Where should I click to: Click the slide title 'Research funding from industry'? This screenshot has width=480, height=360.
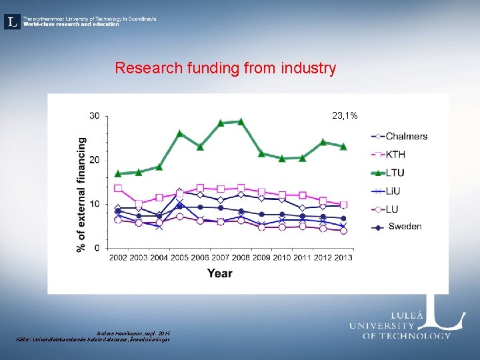point(225,68)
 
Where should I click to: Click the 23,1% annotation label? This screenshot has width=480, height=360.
point(345,116)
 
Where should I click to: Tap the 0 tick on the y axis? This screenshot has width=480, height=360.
point(97,248)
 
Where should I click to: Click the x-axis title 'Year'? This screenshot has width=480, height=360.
point(219,273)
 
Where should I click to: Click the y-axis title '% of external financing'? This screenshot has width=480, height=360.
point(81,194)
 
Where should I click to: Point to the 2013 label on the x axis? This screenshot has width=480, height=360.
point(343,257)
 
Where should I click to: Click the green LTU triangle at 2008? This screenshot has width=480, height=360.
point(241,121)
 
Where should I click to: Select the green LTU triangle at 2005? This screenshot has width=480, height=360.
point(179,133)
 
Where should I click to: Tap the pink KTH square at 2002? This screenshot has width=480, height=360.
point(118,188)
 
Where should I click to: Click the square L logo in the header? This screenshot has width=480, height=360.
point(11,21)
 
